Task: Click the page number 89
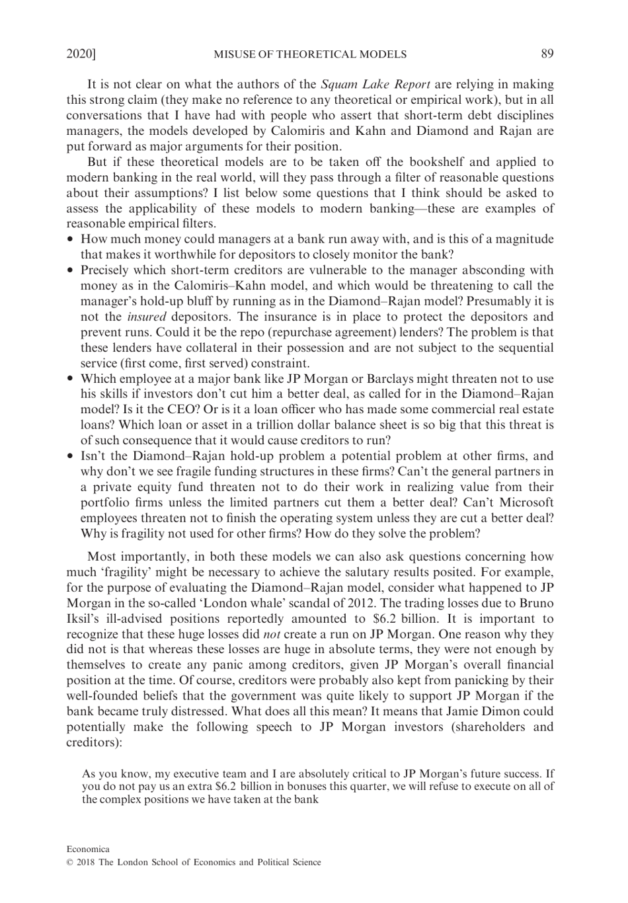tap(547, 54)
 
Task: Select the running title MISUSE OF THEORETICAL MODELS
tap(310, 54)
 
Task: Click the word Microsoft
tap(526, 502)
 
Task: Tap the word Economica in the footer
tap(88, 849)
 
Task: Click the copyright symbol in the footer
tap(70, 863)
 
